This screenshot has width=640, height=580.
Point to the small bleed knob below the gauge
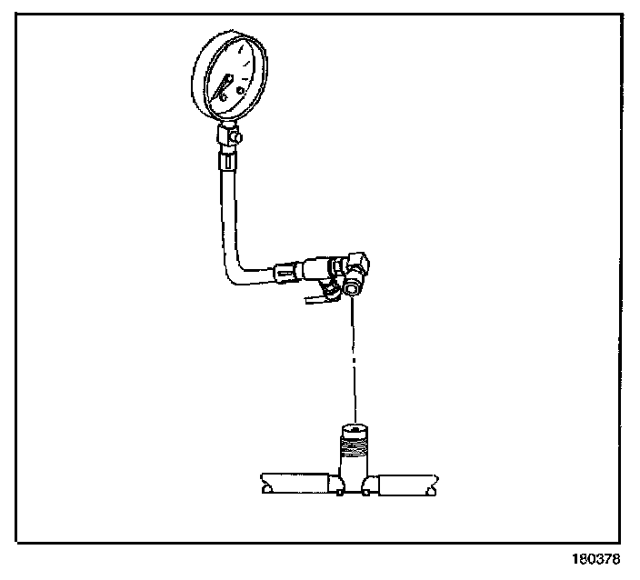pos(237,137)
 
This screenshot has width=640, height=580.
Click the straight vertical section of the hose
pos(225,209)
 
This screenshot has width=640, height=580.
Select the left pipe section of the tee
pos(296,483)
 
